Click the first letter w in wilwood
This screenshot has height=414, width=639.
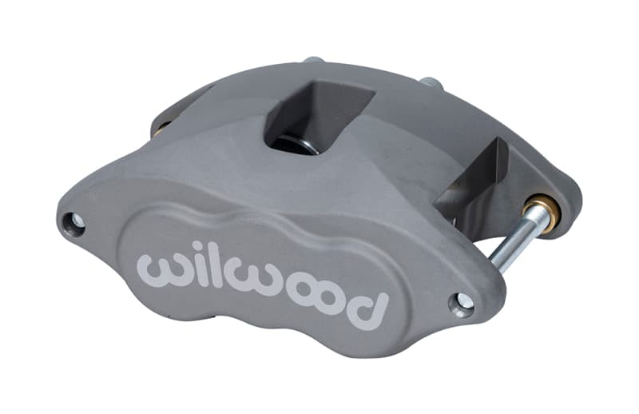point(161,269)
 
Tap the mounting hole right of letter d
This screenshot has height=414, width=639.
point(462,302)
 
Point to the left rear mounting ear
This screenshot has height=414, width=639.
point(172,120)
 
